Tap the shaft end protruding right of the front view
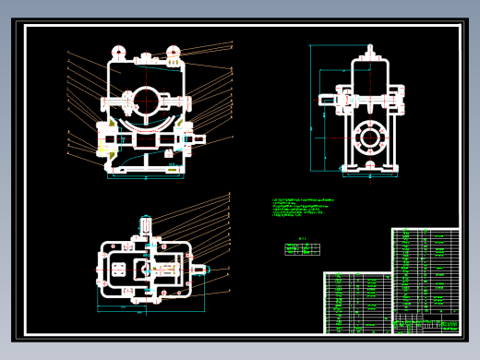204,140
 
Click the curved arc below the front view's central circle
145,122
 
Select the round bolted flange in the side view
371,141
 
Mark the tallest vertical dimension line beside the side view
318,118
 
